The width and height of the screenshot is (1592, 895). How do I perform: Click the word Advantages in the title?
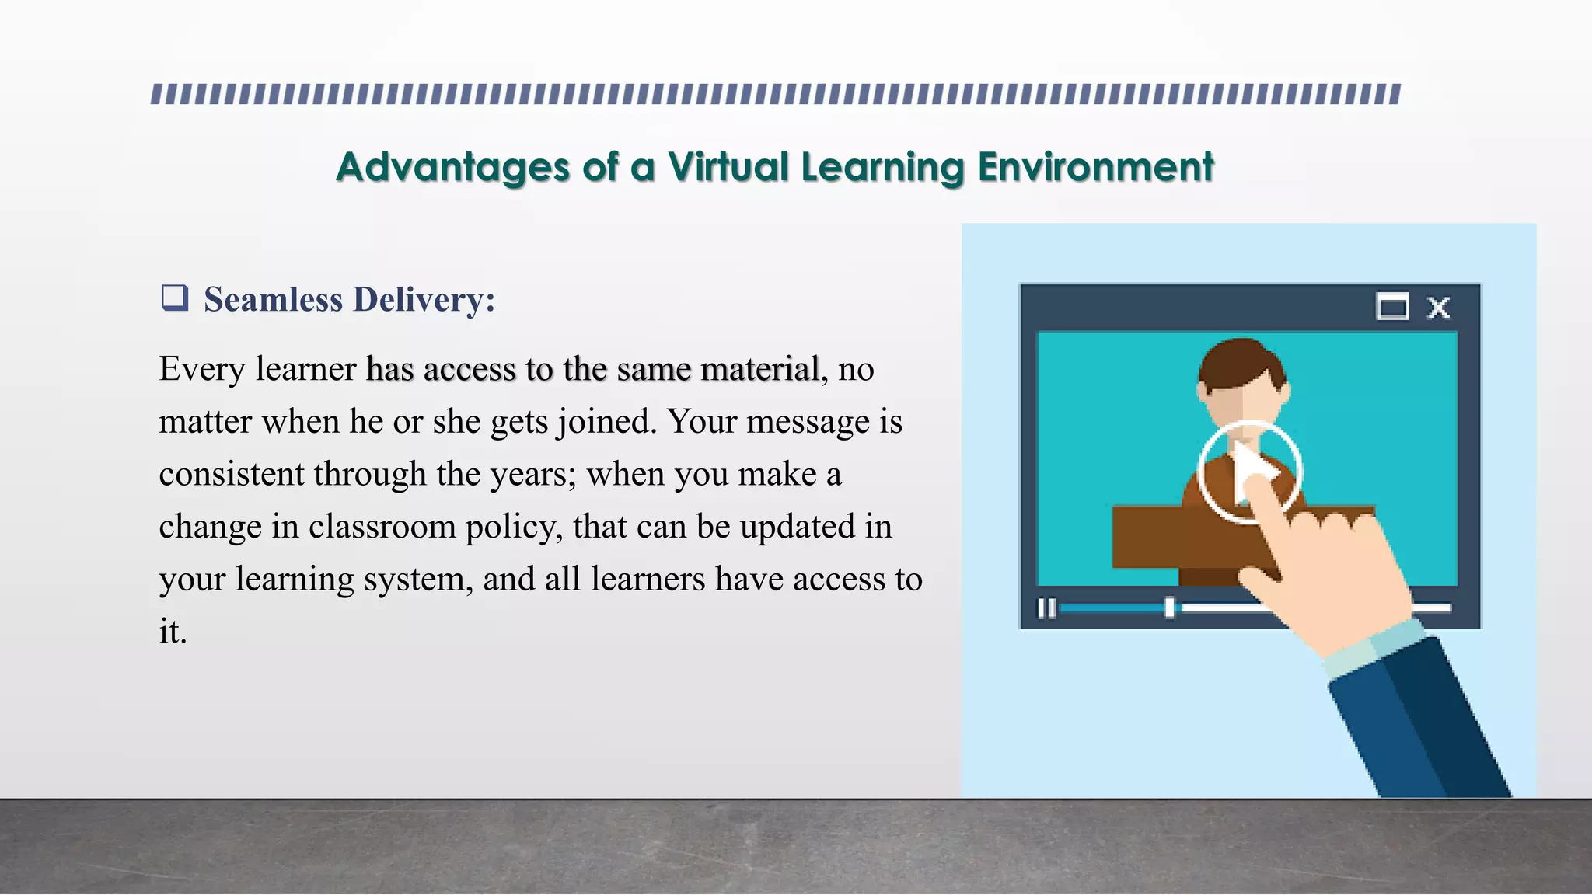click(x=452, y=168)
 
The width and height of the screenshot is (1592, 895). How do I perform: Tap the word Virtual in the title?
click(x=728, y=168)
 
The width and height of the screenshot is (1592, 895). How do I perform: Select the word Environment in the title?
click(x=1095, y=168)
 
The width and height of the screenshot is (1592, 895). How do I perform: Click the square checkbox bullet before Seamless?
click(x=174, y=298)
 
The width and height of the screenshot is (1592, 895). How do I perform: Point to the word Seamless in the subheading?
click(x=273, y=300)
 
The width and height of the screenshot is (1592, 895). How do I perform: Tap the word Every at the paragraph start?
click(x=201, y=370)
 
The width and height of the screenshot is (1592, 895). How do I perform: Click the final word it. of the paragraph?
click(x=173, y=632)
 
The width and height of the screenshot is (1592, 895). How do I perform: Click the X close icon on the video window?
click(x=1438, y=308)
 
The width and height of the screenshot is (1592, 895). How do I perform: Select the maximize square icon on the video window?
click(x=1391, y=307)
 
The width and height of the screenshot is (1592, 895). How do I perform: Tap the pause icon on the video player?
click(x=1047, y=608)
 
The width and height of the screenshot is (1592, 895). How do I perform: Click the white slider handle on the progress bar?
click(x=1169, y=608)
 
